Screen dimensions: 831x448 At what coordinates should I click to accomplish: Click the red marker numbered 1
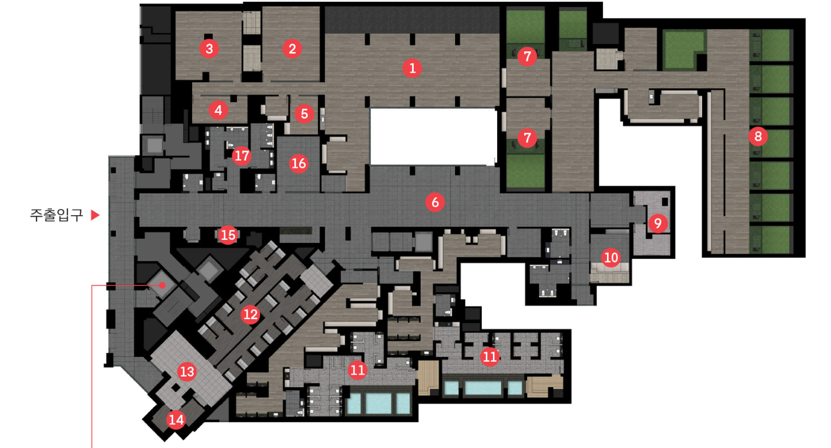point(412,68)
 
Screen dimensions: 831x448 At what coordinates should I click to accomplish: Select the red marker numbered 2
point(291,48)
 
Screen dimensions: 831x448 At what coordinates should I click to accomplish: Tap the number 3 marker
point(209,48)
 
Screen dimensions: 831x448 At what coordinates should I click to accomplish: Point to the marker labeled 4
point(219,109)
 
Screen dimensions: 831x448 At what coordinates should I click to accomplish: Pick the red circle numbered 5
point(304,113)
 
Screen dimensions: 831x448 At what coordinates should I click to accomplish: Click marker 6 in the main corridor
point(435,203)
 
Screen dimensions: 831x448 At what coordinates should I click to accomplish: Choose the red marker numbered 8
point(758,137)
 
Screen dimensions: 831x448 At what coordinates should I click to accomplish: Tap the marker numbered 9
point(658,223)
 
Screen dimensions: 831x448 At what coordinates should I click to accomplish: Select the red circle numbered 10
point(611,257)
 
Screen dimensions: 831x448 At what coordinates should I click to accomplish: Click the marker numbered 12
point(251,314)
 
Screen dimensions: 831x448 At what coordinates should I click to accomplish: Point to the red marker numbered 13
point(187,371)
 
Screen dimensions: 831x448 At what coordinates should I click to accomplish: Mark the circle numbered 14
point(176,420)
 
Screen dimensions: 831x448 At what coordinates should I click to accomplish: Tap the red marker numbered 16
point(299,163)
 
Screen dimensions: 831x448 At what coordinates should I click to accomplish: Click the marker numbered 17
point(242,156)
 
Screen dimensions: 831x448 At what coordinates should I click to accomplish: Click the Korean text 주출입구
point(56,215)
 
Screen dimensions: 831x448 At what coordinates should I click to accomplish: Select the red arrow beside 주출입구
point(95,215)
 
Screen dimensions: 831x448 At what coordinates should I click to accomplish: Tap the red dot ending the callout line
point(162,285)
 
